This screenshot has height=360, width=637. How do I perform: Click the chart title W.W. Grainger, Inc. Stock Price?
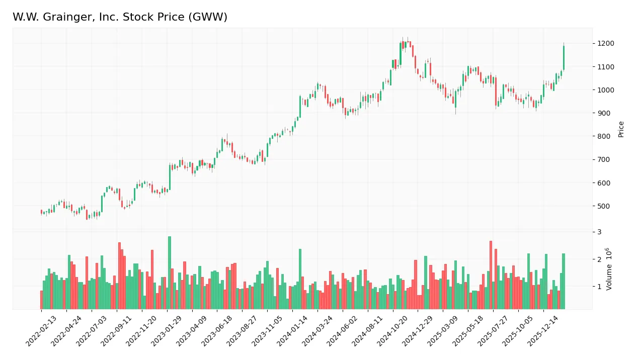pos(120,18)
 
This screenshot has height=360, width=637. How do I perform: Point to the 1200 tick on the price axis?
pos(602,44)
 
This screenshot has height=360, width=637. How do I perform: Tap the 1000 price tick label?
pos(602,90)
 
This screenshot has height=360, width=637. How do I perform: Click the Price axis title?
pos(621,129)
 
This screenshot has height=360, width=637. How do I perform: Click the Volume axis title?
pos(609,268)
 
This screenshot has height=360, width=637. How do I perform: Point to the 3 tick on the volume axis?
pos(599,232)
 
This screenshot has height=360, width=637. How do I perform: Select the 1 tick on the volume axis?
pos(599,287)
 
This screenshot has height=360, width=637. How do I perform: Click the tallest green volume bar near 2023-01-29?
pos(170,273)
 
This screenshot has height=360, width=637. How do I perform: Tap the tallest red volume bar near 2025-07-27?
pos(491,275)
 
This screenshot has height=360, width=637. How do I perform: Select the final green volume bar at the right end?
pos(564,281)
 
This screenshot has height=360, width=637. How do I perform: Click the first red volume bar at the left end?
pos(41,300)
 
